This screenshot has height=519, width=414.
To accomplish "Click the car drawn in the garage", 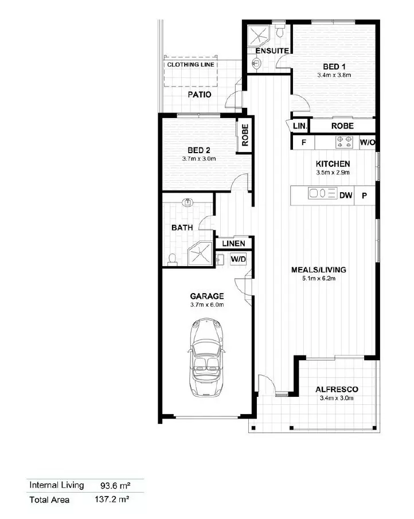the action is [206, 357].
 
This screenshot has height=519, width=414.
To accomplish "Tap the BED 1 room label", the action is [334, 67].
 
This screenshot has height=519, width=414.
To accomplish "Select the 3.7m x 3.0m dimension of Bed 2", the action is [199, 159].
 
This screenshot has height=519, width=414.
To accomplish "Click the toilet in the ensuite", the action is [280, 31].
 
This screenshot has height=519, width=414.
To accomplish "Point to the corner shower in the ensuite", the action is [259, 36].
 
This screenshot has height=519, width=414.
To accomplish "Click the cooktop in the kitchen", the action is [344, 142].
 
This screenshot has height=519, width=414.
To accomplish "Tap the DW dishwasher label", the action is [346, 196].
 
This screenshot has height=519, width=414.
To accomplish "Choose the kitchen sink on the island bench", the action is [322, 193].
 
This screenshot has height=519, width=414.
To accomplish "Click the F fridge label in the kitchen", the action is [303, 143].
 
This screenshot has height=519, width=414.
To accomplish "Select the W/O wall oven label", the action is [368, 143].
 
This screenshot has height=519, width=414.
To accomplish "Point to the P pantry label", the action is [364, 196].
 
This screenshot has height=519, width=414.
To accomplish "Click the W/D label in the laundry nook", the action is [239, 259].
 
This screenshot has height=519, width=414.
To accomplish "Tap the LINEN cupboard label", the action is [233, 244].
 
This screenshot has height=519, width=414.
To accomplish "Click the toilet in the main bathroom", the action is [172, 259].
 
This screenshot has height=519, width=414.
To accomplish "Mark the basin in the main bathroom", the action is [188, 202].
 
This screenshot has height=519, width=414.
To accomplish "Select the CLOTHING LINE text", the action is [190, 65].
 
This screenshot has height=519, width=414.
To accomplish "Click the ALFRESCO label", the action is [337, 389].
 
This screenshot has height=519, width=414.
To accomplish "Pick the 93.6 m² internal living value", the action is [115, 486].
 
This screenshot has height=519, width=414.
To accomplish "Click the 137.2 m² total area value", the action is [112, 500].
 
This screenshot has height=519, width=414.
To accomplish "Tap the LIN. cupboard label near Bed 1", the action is [300, 126].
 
